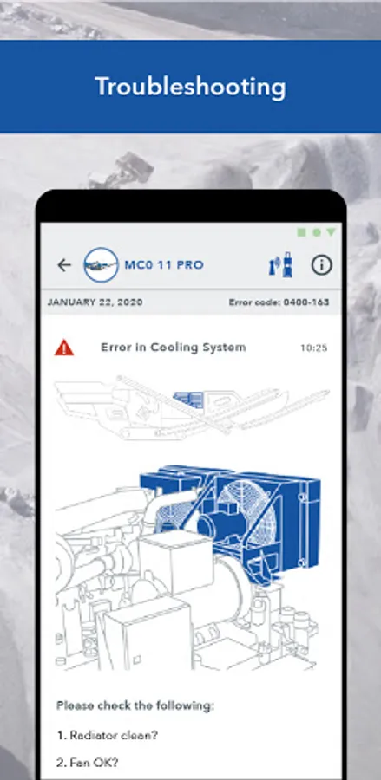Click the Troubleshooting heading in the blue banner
click(190, 87)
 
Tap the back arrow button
click(64, 265)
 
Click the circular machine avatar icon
click(101, 265)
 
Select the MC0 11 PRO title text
click(164, 264)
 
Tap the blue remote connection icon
click(281, 264)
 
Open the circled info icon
click(322, 265)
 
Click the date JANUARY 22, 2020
click(95, 302)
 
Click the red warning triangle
click(64, 348)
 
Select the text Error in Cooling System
click(174, 348)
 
